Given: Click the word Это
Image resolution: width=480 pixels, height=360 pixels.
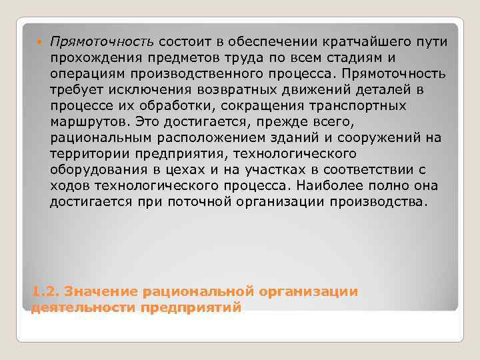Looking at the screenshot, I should [x=144, y=122].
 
